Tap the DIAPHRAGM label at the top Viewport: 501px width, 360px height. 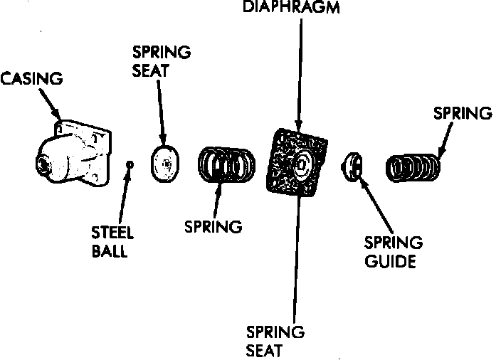(x=300, y=7)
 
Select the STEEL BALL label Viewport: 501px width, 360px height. (x=112, y=241)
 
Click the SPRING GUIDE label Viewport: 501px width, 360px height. (x=394, y=251)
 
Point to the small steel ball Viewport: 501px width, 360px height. (x=129, y=164)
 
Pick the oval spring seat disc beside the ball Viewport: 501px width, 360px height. (x=164, y=165)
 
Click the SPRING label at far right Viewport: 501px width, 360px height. (x=463, y=113)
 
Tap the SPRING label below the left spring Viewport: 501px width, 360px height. (x=213, y=227)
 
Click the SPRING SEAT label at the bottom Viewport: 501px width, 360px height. (x=275, y=341)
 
